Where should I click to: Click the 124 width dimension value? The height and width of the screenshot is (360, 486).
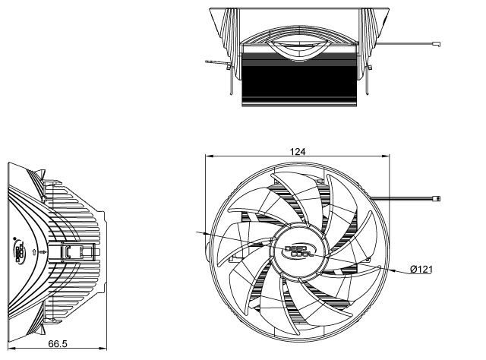pos(298,152)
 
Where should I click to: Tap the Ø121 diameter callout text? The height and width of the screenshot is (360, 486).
pos(422,270)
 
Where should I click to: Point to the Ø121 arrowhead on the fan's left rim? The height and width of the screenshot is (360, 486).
pos(210,232)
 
